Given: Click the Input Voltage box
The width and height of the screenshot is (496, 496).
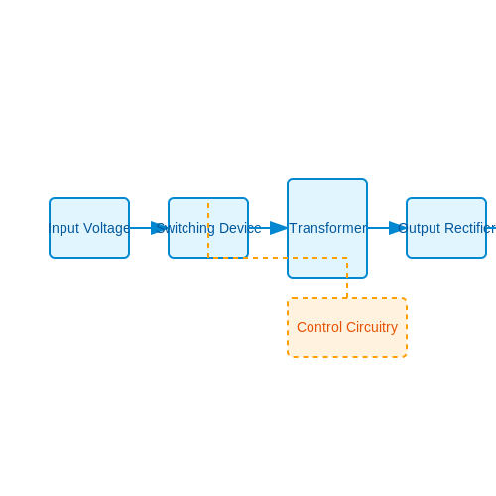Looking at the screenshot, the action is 89,228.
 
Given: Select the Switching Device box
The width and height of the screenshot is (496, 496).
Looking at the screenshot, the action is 208,228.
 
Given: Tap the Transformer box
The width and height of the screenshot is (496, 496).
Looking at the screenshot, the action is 327,228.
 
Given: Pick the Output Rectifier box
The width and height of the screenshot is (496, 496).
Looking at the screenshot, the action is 446,228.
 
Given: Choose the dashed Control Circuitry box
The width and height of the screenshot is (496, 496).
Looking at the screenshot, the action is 347,327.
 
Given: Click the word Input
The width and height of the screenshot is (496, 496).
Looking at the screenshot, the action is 63,229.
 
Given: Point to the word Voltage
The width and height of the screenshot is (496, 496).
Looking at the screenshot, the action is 106,229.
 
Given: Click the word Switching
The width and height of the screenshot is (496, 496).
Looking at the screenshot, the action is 186,229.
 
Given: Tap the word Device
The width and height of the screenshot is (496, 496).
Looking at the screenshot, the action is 240,228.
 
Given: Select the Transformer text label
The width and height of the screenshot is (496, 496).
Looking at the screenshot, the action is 328,228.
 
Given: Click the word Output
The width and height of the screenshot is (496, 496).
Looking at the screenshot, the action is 420,229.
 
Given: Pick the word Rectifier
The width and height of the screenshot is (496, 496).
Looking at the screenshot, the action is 470,228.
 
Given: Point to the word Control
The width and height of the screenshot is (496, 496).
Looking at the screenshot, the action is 319,327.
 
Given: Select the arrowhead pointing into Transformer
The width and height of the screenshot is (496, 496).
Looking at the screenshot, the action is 279,228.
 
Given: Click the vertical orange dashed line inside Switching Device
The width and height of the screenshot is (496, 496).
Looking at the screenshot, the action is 208,230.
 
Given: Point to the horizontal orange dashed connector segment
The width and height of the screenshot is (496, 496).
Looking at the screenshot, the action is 278,258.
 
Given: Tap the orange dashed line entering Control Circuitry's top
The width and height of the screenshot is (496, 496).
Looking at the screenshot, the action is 347,278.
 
